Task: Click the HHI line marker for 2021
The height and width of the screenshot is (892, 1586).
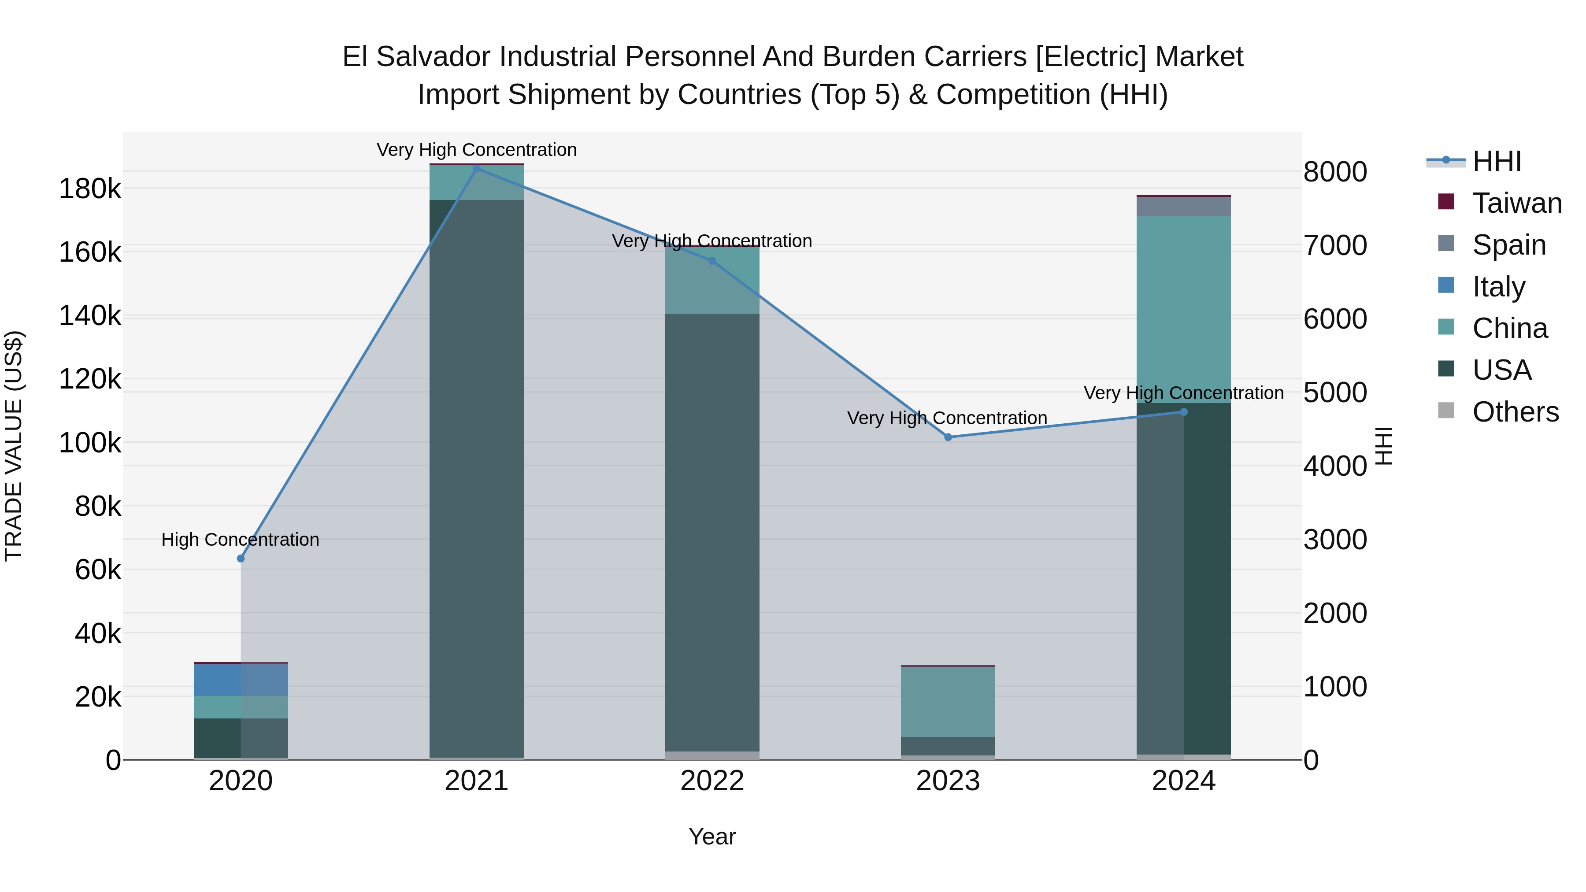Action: tap(477, 169)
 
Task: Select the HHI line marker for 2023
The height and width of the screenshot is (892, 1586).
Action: tap(948, 437)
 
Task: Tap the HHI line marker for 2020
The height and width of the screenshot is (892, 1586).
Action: tap(241, 559)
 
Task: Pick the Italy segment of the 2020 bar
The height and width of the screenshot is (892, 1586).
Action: tap(241, 680)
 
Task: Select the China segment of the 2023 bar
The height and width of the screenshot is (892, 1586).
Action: tap(948, 702)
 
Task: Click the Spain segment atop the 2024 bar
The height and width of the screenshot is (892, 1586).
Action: tap(1183, 207)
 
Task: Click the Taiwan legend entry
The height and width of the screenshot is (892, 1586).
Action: tap(1517, 203)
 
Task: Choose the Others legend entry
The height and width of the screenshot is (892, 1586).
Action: tap(1515, 412)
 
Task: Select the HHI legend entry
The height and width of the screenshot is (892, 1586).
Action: tap(1497, 161)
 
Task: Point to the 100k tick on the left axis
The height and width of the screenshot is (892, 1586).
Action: tap(90, 443)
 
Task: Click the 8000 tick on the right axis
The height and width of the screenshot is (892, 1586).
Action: tap(1335, 172)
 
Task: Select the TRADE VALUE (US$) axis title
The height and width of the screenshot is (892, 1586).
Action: tap(14, 446)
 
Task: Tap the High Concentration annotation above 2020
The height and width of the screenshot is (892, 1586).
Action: tap(240, 540)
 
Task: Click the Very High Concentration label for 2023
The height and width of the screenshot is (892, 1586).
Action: tap(947, 418)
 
